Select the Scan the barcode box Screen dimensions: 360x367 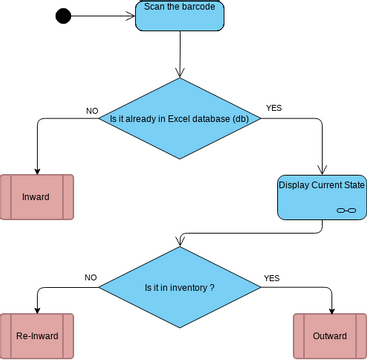(180, 16)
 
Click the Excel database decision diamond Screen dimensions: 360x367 (179, 118)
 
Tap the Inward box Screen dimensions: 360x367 (37, 197)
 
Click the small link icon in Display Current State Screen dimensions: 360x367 (345, 211)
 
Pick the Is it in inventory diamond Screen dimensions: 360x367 (179, 287)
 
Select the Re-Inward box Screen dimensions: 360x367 (37, 336)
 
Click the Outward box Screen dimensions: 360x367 (330, 336)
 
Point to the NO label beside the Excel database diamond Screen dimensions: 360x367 (92, 110)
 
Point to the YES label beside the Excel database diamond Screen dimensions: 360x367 (273, 107)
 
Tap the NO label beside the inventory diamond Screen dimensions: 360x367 (90, 277)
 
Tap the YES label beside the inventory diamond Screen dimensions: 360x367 (271, 277)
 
